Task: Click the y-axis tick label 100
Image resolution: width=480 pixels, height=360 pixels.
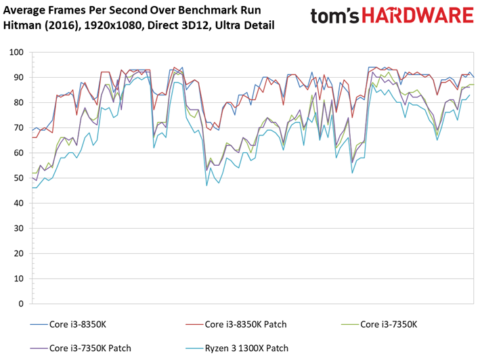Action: pyautogui.click(x=16, y=52)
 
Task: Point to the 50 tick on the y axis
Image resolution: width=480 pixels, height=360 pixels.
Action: pyautogui.click(x=19, y=178)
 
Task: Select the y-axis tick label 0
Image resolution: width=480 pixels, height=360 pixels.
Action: pyautogui.click(x=21, y=304)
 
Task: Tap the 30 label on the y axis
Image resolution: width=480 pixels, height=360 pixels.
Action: pyautogui.click(x=19, y=228)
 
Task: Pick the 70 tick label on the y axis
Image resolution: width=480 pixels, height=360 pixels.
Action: pyautogui.click(x=19, y=127)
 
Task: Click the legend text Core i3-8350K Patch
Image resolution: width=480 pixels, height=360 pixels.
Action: pyautogui.click(x=246, y=324)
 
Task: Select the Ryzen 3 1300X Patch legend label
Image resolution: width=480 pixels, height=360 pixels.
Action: pyautogui.click(x=246, y=348)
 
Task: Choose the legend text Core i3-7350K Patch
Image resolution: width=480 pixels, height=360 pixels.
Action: pyautogui.click(x=90, y=348)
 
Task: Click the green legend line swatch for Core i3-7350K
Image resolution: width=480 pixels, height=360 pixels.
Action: pyautogui.click(x=349, y=324)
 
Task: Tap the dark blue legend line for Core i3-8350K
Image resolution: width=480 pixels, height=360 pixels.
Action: pyautogui.click(x=39, y=324)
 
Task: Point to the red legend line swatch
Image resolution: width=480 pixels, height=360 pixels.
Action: pyautogui.click(x=194, y=324)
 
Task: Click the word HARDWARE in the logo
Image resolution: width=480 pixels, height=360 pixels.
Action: pyautogui.click(x=418, y=16)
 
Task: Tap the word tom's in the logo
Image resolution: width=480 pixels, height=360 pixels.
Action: pyautogui.click(x=334, y=16)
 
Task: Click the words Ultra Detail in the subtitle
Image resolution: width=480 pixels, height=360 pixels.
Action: pyautogui.click(x=244, y=25)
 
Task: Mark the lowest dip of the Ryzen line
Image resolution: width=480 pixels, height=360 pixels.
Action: pyautogui.click(x=206, y=185)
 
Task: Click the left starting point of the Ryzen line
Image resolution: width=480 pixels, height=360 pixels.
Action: pyautogui.click(x=32, y=188)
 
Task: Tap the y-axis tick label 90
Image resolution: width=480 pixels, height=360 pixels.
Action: pyautogui.click(x=19, y=77)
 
